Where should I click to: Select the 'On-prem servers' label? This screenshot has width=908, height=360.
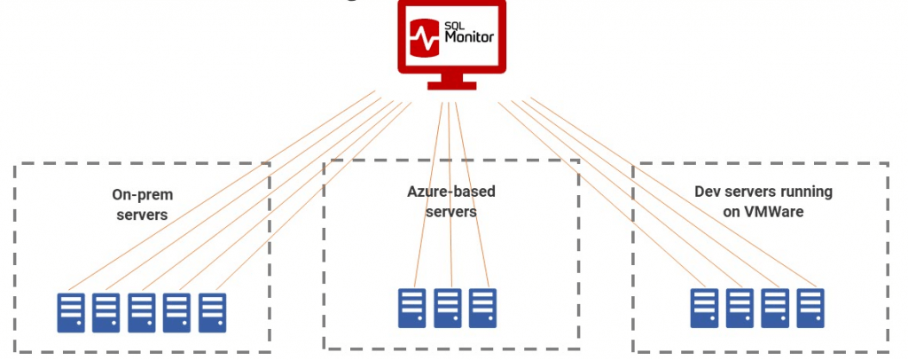(x=142, y=204)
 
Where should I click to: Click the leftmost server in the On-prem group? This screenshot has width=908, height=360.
(x=71, y=312)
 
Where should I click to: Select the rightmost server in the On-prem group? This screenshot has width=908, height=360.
(x=213, y=312)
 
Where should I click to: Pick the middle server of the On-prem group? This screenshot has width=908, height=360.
(x=142, y=312)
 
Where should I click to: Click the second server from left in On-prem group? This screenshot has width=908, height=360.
(x=106, y=312)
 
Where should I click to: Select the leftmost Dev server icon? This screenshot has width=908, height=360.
(x=705, y=308)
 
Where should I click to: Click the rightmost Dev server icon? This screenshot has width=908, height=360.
(x=810, y=308)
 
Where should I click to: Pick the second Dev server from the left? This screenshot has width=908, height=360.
(x=740, y=308)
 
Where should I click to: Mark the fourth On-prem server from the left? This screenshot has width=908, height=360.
(x=177, y=312)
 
